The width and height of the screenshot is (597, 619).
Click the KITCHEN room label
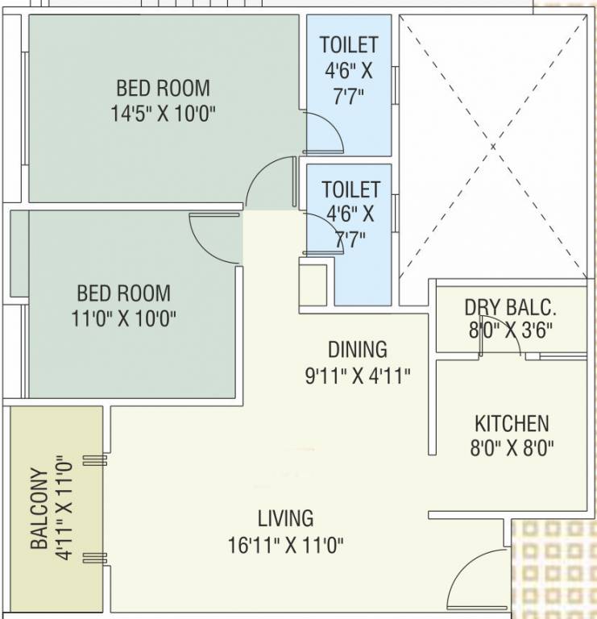pyautogui.click(x=511, y=423)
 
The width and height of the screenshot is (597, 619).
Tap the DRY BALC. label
pyautogui.click(x=511, y=307)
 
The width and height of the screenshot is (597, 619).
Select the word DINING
pyautogui.click(x=357, y=349)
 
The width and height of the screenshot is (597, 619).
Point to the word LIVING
pyautogui.click(x=285, y=517)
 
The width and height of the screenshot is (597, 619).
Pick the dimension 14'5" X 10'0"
pyautogui.click(x=164, y=113)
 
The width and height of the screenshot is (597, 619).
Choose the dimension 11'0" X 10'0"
pyautogui.click(x=123, y=317)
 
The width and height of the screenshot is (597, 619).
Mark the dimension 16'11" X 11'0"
pyautogui.click(x=285, y=545)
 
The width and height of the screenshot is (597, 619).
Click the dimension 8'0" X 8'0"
pyautogui.click(x=511, y=448)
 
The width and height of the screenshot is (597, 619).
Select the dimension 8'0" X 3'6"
pyautogui.click(x=511, y=330)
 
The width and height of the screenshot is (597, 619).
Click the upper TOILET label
pyautogui.click(x=348, y=44)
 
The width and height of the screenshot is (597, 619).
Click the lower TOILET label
pyautogui.click(x=350, y=189)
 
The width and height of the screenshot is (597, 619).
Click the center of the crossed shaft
pyautogui.click(x=493, y=147)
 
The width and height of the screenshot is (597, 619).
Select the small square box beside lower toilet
pyautogui.click(x=313, y=281)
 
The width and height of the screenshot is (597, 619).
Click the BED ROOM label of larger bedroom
pyautogui.click(x=163, y=87)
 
